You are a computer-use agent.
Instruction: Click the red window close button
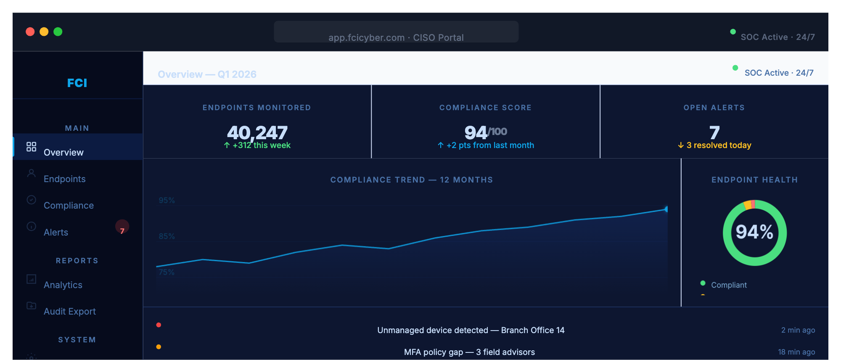pos(30,32)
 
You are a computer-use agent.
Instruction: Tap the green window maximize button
pos(58,32)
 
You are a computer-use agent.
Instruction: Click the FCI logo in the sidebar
pos(77,83)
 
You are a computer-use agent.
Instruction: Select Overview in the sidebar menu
pos(63,152)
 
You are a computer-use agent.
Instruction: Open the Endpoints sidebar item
pos(64,179)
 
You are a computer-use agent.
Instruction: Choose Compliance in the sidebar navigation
pos(69,205)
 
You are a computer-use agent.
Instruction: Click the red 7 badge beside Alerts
pos(122,227)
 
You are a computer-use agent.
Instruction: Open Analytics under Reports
pos(63,285)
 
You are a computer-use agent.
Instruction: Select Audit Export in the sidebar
pos(69,311)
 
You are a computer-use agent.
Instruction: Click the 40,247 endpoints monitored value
pos(257,132)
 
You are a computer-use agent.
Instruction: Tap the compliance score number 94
pos(476,132)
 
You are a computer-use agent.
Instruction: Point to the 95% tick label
pos(167,200)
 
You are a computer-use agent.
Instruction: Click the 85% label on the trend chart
pos(167,236)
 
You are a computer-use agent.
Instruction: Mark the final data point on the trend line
pos(666,209)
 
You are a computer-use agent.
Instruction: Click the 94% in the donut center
pos(754,232)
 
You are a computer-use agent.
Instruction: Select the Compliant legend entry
pos(728,285)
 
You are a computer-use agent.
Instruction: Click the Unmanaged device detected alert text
pos(471,330)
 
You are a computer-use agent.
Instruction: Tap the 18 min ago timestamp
pos(796,352)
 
